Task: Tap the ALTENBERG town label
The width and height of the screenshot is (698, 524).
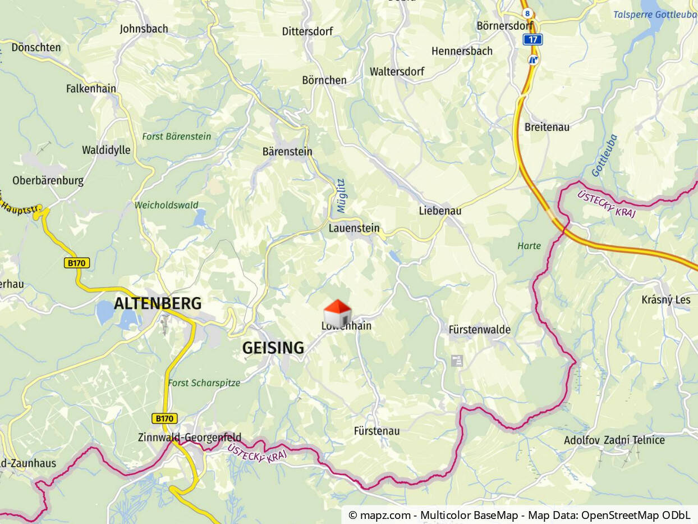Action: [x=158, y=304]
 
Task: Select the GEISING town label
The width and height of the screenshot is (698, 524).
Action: [x=273, y=348]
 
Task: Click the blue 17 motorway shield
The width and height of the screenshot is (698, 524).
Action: [x=532, y=39]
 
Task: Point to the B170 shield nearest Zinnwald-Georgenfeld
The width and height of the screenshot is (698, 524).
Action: [x=164, y=418]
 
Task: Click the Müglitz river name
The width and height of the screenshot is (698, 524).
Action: [x=341, y=196]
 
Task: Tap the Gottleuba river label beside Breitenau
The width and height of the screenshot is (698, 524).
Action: [x=604, y=156]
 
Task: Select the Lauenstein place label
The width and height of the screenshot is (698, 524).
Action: [x=354, y=229]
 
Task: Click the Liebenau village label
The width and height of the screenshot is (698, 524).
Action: [x=440, y=211]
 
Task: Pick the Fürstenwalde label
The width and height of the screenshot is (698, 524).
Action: [x=480, y=330]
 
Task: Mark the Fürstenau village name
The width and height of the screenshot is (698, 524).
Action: [x=376, y=431]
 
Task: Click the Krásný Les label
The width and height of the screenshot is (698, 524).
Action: [x=666, y=300]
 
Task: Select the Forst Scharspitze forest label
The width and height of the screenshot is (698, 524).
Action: [x=204, y=383]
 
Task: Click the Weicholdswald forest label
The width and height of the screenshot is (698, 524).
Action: [x=166, y=206]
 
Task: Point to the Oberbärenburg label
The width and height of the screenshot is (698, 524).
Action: [x=48, y=181]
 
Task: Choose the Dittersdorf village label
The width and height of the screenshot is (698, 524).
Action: [x=307, y=31]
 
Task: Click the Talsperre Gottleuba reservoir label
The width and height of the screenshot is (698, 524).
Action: [x=654, y=15]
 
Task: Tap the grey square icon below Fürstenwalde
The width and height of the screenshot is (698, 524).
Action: [x=457, y=361]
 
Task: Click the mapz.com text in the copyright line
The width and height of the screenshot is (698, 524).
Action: [x=387, y=515]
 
